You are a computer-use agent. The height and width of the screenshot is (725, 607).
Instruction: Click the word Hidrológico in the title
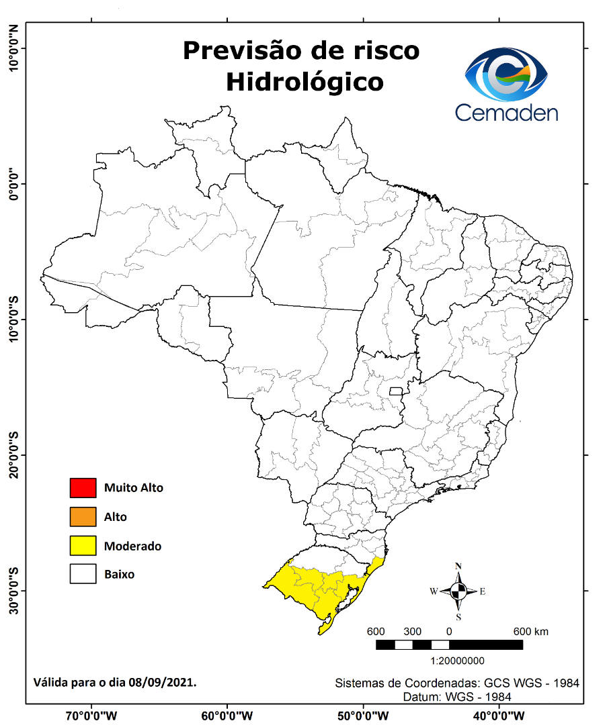click(x=305, y=82)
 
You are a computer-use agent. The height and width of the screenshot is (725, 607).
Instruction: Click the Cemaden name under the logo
click(x=506, y=111)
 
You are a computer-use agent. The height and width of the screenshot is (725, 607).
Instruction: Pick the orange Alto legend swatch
click(x=83, y=517)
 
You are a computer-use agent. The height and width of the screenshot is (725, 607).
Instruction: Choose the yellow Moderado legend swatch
click(x=83, y=546)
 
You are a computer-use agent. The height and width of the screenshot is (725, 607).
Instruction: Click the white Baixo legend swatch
click(x=83, y=575)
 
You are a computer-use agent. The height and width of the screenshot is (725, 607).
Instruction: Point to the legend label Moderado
click(x=132, y=546)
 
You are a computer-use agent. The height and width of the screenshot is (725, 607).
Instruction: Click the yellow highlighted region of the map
click(x=316, y=587)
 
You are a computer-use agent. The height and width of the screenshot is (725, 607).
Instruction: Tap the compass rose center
click(x=458, y=591)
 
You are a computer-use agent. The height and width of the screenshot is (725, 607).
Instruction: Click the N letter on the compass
click(x=458, y=566)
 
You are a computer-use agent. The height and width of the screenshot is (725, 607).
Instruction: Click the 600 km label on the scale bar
click(x=531, y=632)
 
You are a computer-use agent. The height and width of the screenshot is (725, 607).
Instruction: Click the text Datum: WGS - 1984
click(x=457, y=697)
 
